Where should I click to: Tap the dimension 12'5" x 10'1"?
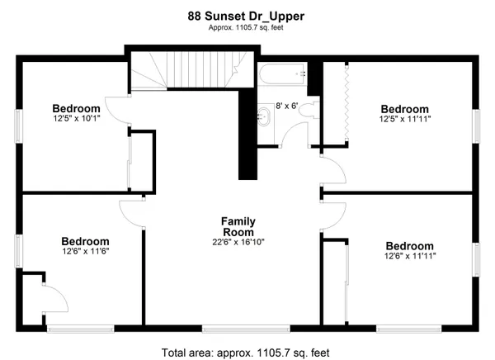[76, 119]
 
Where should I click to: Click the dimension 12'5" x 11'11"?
[404, 120]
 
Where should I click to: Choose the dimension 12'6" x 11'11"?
[409, 257]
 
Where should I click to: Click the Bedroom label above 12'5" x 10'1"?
[76, 108]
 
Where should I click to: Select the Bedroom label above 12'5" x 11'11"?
[404, 109]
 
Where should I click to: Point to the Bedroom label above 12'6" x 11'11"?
[409, 246]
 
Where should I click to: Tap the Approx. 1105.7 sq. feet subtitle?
[246, 28]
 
